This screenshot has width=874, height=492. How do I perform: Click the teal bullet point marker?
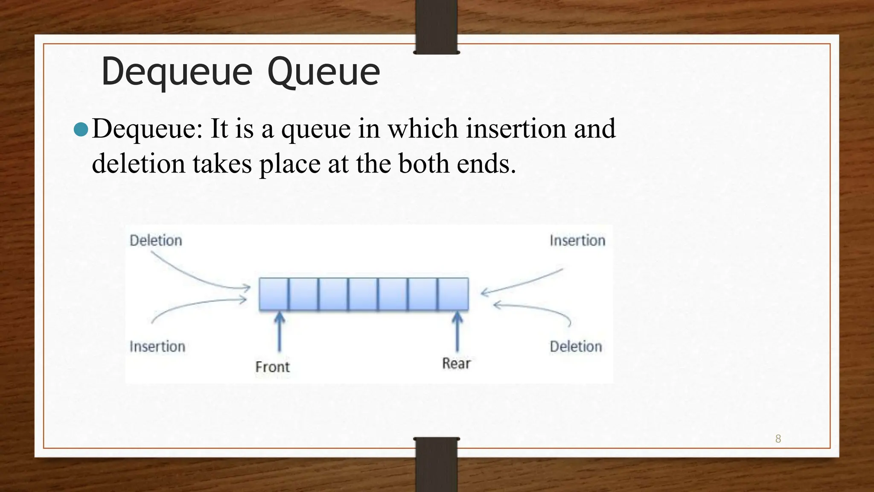click(81, 129)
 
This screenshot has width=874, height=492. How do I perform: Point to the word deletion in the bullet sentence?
click(138, 164)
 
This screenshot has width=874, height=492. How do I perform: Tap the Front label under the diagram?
click(272, 367)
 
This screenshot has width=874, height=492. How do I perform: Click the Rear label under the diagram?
click(456, 363)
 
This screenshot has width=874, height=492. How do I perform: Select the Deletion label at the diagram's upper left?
click(156, 240)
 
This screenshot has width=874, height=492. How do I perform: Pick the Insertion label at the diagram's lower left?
click(157, 346)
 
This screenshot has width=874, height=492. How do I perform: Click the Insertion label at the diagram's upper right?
click(577, 240)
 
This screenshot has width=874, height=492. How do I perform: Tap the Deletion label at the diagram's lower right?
click(576, 346)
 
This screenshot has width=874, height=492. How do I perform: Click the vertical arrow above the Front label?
click(280, 331)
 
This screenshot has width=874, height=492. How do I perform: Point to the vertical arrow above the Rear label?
click(457, 331)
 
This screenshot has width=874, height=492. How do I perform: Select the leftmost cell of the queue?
click(274, 294)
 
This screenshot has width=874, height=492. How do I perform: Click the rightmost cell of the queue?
click(453, 294)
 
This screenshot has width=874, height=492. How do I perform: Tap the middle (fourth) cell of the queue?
click(363, 294)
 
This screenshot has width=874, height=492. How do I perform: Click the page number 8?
click(778, 439)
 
